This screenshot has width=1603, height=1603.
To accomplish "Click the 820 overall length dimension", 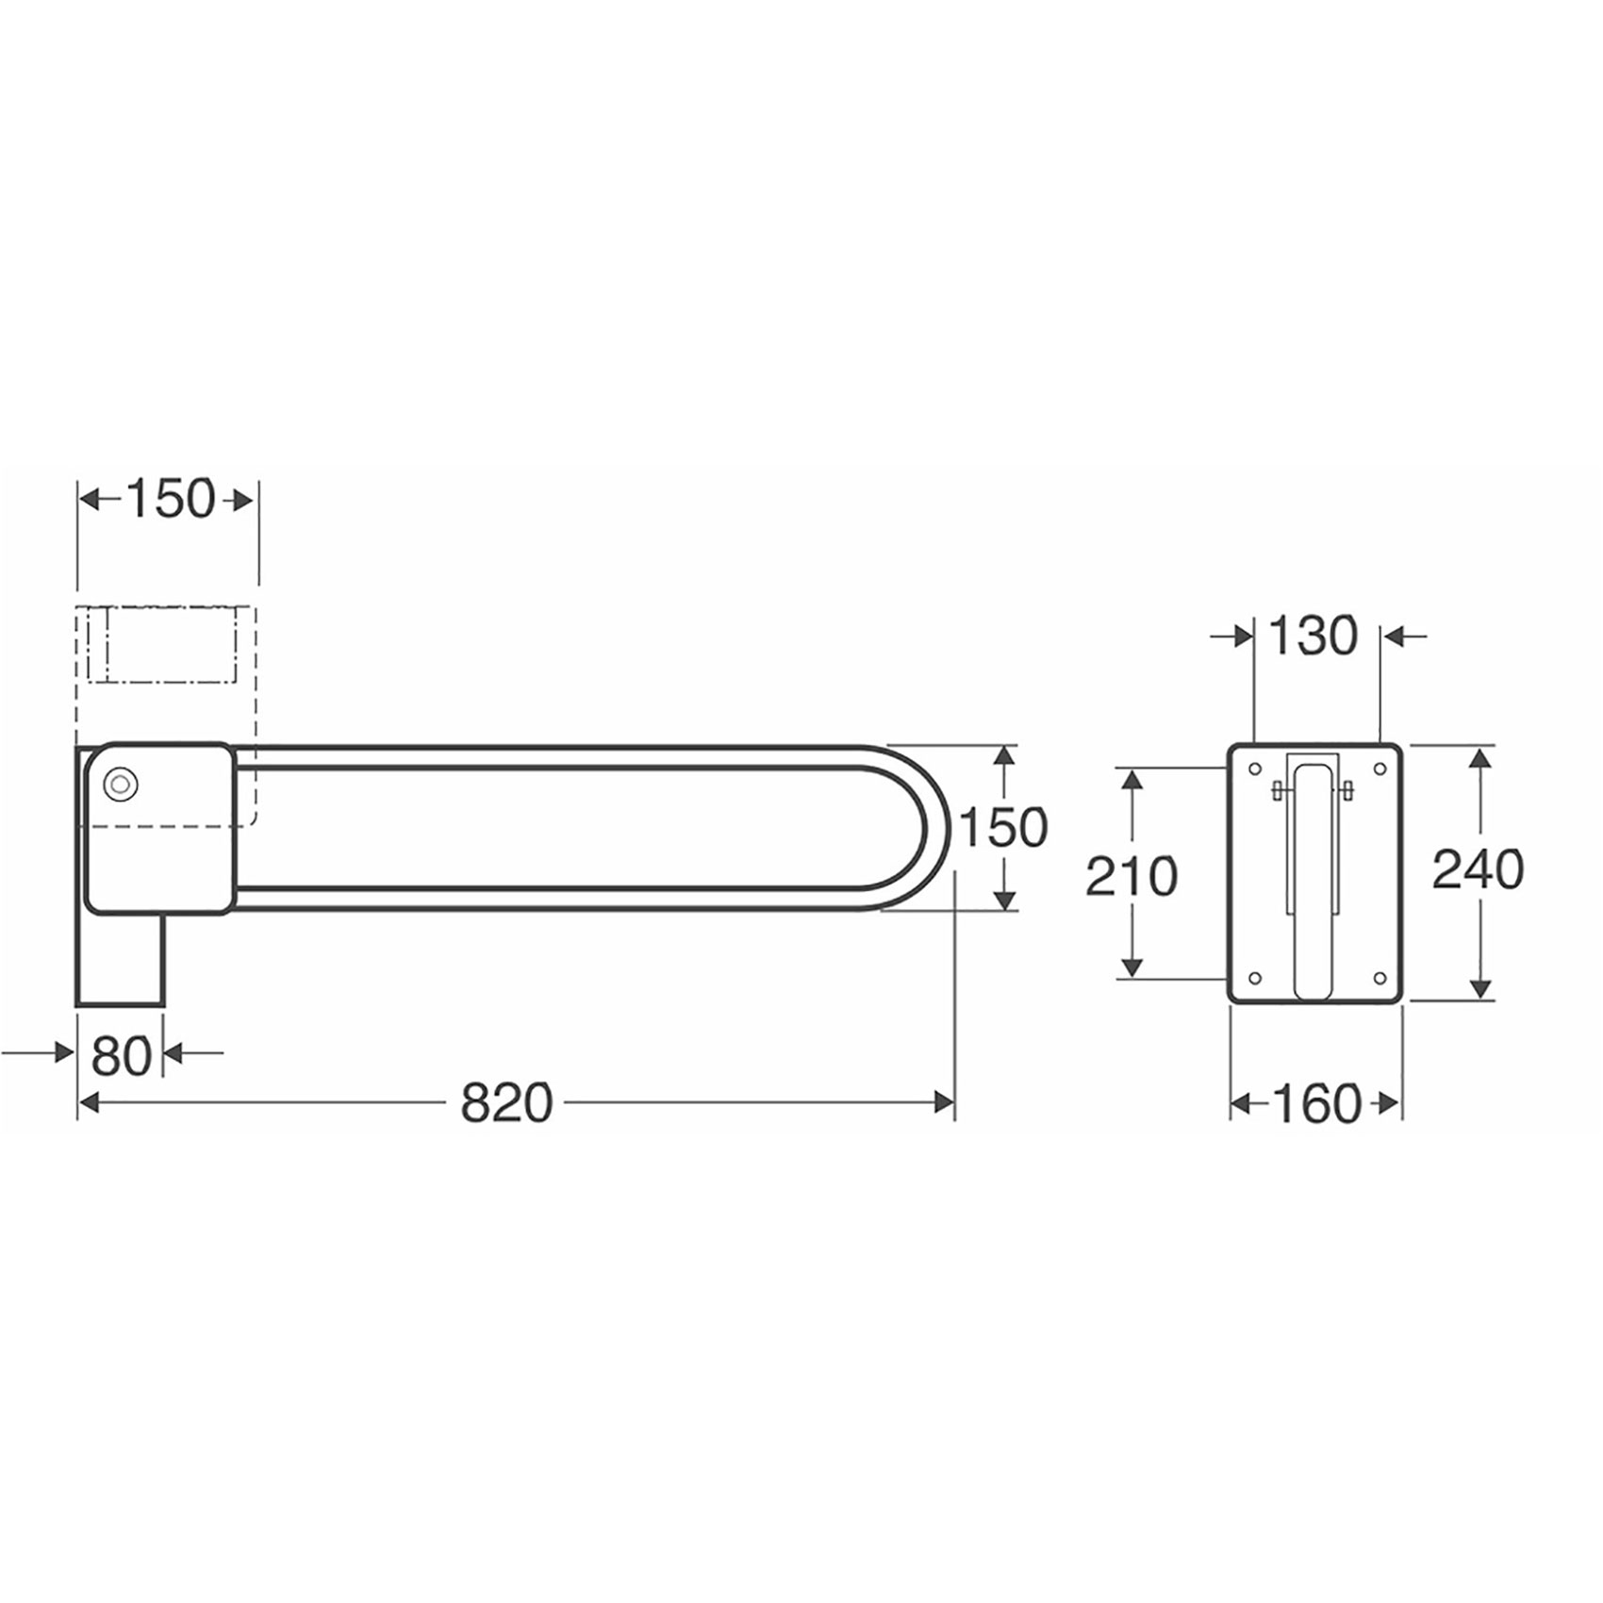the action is tap(506, 1102).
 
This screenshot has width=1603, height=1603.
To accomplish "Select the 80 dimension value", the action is tap(121, 1055).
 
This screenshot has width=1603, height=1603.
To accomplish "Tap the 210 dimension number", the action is tap(1132, 876).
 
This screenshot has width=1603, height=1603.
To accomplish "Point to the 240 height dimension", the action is tap(1478, 869).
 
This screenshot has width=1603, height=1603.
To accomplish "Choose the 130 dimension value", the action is tap(1313, 636).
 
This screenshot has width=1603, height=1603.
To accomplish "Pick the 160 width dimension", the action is tap(1316, 1103).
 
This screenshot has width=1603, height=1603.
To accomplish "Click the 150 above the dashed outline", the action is tap(170, 499).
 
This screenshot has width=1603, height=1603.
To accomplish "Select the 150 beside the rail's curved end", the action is tap(1003, 828).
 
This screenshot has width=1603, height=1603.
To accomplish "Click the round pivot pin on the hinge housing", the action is tap(121, 785).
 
